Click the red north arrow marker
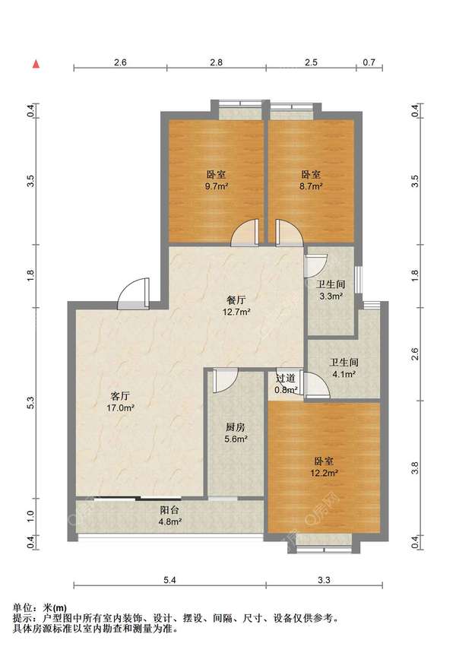[36, 64]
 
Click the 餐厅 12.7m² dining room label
[236, 306]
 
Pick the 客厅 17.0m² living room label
[120, 401]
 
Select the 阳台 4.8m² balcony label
[170, 515]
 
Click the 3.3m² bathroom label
[331, 290]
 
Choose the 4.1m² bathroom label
[344, 368]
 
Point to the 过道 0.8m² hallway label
[286, 385]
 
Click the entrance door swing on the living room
[133, 294]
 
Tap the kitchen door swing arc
[225, 381]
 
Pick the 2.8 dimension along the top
[216, 62]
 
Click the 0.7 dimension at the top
[369, 62]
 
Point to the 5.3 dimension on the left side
[31, 402]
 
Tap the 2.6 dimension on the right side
[415, 354]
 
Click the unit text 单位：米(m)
[40, 608]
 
